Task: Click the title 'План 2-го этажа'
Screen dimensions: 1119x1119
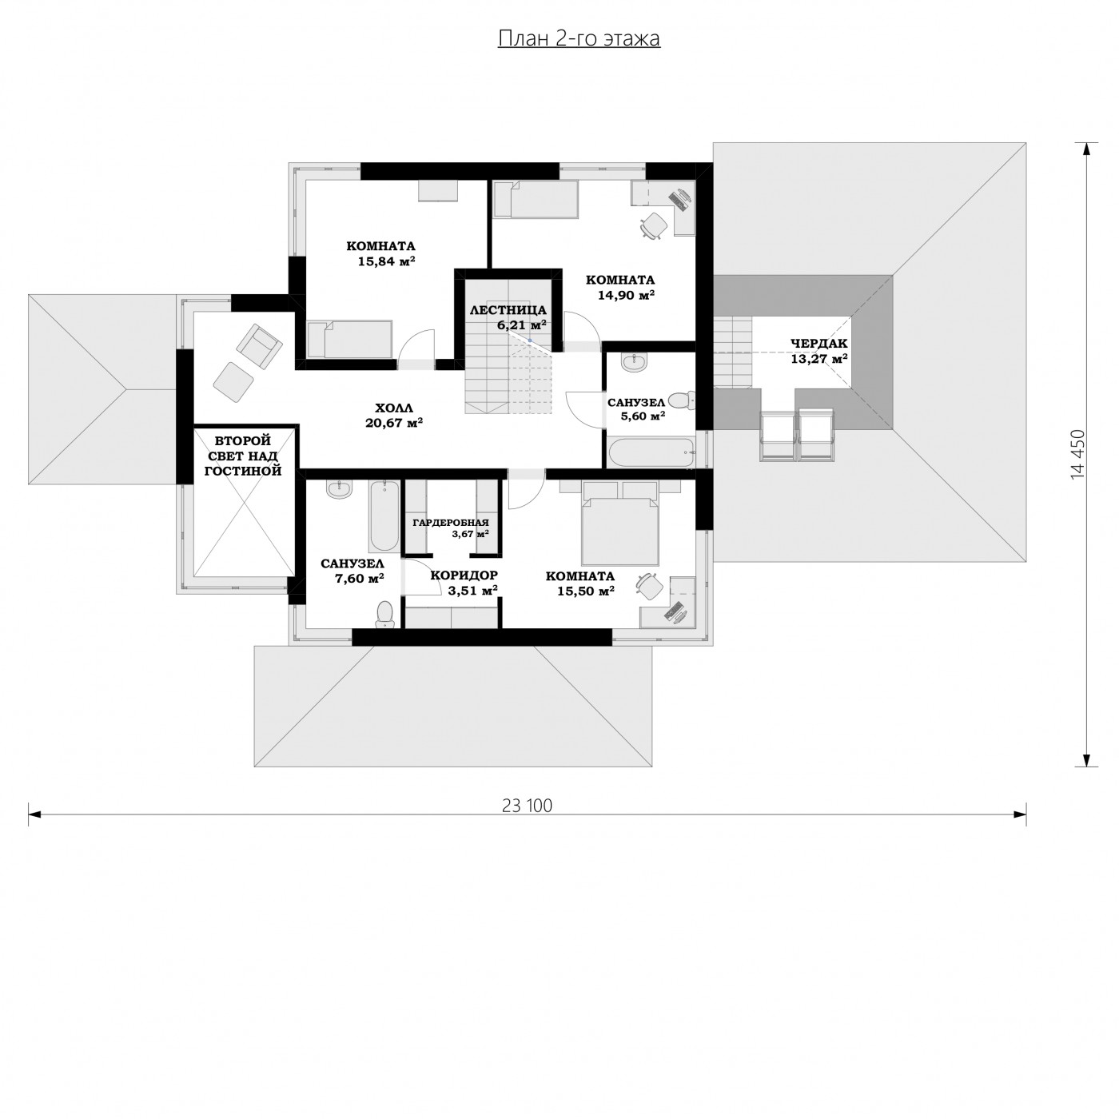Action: tap(579, 38)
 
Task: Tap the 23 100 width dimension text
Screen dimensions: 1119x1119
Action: tap(527, 806)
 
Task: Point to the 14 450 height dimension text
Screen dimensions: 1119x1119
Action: tap(1077, 454)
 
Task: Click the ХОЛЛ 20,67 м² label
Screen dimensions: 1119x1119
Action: tap(394, 415)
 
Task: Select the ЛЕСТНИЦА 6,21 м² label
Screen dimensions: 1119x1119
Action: tap(508, 317)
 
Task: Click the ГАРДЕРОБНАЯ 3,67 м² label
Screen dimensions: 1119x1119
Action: tap(452, 528)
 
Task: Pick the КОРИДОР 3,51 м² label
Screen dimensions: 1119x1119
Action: tap(464, 583)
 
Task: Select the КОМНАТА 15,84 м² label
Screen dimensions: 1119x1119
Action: tap(381, 253)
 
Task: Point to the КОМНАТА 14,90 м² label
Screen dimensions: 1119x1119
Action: tap(620, 287)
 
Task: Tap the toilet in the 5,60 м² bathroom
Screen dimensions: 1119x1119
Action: tap(680, 400)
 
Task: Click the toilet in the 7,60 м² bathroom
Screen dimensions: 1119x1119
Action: tap(384, 613)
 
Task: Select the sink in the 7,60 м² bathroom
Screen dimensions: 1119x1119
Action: tap(339, 489)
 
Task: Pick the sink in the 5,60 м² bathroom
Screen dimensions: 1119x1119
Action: tap(635, 362)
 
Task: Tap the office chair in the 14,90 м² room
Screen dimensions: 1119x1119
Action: tap(653, 225)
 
